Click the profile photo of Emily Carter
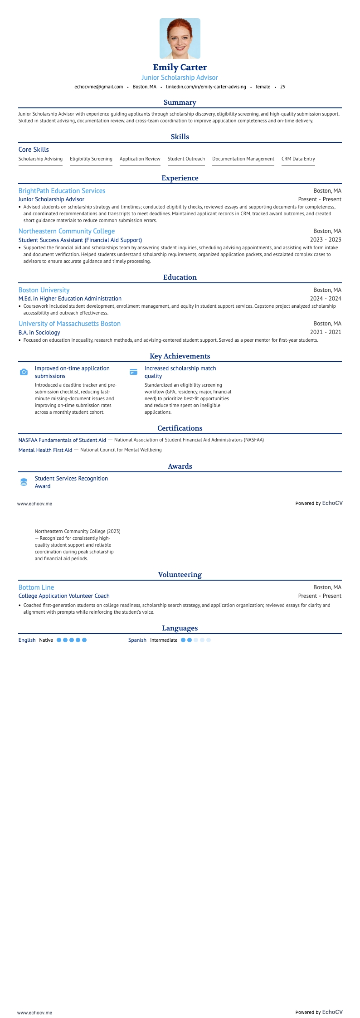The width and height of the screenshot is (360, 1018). coord(180,39)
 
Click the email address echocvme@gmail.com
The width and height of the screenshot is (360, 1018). coord(99,87)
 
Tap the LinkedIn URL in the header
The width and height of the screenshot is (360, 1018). coord(206,87)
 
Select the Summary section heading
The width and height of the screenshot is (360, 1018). coord(180,102)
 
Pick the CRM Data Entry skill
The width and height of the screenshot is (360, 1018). coord(298,159)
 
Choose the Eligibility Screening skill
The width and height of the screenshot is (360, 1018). coord(91,159)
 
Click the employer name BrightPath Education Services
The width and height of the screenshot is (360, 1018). coord(62,191)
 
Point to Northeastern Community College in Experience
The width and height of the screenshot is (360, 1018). coord(67,231)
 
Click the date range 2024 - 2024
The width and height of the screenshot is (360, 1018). coord(326,299)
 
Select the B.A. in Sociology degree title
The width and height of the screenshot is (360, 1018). coord(39,332)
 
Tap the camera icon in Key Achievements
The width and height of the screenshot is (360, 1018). coord(24,372)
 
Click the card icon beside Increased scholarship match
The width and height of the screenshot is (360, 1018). coord(134,372)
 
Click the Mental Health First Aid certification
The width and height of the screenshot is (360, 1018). coord(45,450)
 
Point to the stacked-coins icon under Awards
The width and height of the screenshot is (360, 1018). coord(24,482)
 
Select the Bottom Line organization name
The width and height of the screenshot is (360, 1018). coord(36,587)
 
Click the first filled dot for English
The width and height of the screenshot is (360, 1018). coord(59,640)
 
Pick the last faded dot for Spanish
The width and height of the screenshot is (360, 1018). coord(209,640)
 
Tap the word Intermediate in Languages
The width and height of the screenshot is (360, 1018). coord(164,640)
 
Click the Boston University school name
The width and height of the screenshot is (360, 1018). coord(44,290)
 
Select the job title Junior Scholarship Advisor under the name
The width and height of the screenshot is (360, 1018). coord(180,78)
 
